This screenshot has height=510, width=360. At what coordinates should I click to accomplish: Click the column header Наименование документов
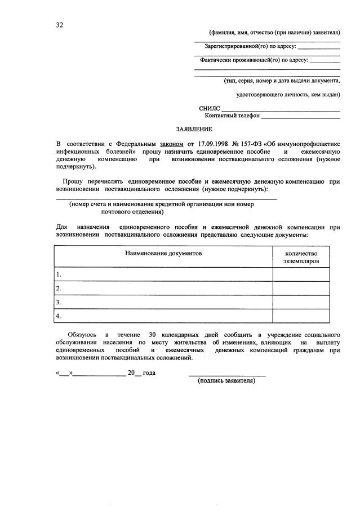pyautogui.click(x=163, y=254)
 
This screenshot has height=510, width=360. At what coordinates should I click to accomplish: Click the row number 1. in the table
pyautogui.click(x=59, y=274)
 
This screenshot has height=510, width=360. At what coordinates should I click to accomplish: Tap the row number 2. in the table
pyautogui.click(x=59, y=289)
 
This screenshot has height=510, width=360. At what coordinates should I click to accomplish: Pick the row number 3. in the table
pyautogui.click(x=59, y=302)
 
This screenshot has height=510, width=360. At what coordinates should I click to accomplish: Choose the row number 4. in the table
pyautogui.click(x=59, y=316)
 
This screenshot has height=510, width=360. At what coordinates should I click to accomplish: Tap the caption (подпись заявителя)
pyautogui.click(x=226, y=381)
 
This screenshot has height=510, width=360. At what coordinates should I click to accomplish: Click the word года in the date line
pyautogui.click(x=149, y=373)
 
